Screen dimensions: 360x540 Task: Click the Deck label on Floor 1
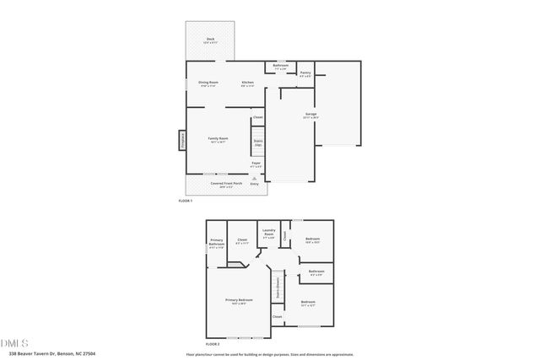210,40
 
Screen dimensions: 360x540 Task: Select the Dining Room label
208,83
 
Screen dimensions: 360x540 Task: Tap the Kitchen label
248,83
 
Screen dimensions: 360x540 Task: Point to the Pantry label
305,74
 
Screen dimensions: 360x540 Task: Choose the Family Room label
219,139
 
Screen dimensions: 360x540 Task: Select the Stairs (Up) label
257,143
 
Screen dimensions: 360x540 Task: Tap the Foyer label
256,164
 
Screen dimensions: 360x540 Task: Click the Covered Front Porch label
226,184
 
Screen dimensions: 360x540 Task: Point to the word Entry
255,183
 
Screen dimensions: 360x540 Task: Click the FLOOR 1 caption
186,201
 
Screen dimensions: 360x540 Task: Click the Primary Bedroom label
239,301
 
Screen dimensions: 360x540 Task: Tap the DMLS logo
13,343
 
